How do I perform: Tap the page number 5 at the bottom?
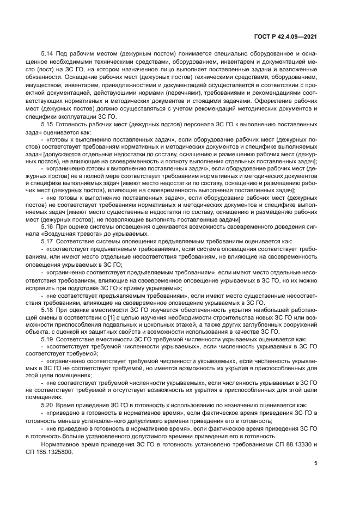tap(315, 463)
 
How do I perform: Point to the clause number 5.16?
tap(47, 225)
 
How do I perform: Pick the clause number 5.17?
tap(47, 240)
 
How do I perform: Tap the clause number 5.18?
tap(47, 309)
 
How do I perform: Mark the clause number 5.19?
tap(47, 339)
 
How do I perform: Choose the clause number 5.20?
tap(47, 405)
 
